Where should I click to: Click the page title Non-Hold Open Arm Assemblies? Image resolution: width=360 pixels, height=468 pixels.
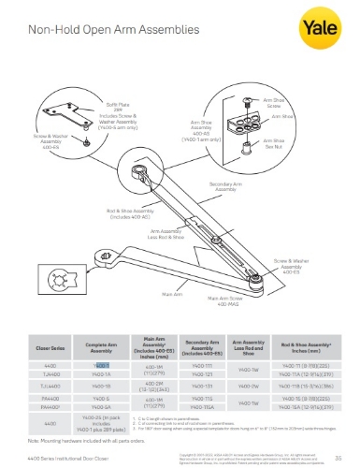98,32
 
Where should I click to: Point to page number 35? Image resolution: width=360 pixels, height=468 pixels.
336,457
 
